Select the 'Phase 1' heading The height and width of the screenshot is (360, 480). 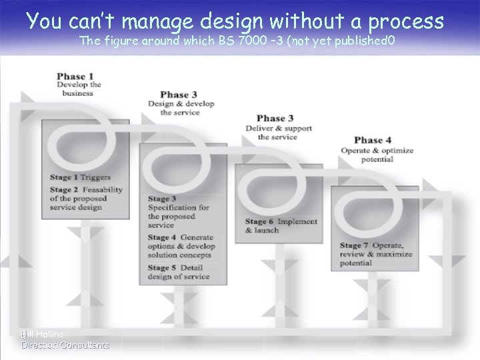tap(75, 76)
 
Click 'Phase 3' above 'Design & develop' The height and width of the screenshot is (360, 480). tap(179, 95)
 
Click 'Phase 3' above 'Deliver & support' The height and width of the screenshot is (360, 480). tap(275, 119)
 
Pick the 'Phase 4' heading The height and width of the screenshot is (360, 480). tap(373, 140)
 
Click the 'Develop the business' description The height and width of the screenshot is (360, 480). tap(79, 89)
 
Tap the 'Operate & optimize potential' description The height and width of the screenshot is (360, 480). tap(377, 155)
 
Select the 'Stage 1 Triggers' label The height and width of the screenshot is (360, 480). tap(79, 177)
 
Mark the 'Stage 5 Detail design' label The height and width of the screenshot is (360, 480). tap(178, 272)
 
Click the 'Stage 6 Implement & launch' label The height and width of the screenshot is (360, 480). tap(281, 226)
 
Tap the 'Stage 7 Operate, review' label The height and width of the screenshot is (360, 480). tap(376, 254)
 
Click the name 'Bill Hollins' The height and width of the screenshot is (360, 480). tap(43, 334)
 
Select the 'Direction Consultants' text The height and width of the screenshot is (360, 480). tap(65, 345)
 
